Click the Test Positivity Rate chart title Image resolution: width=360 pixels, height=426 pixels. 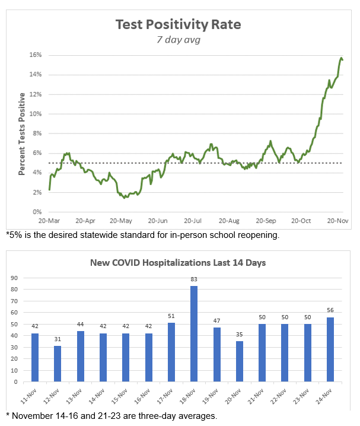(178, 25)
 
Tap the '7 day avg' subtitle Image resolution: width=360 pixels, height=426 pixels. (179, 40)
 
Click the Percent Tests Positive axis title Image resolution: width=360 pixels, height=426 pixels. (22, 133)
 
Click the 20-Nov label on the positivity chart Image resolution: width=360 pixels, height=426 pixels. (337, 220)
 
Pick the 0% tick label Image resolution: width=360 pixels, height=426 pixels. (36, 212)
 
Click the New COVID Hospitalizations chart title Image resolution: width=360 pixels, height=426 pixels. (178, 262)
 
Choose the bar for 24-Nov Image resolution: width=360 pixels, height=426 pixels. (330, 349)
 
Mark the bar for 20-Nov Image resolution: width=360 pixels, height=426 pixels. (239, 361)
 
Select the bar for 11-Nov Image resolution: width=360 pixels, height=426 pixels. (36, 358)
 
